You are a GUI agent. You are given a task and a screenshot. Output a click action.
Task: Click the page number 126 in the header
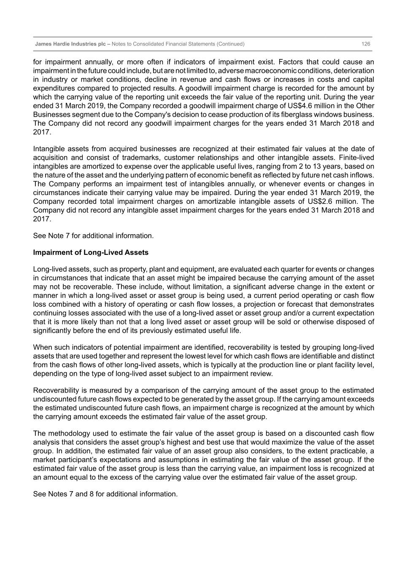click(x=366, y=44)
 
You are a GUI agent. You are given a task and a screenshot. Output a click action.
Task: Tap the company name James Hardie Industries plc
click(x=70, y=44)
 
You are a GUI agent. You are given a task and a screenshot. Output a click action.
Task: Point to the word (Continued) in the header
click(x=231, y=44)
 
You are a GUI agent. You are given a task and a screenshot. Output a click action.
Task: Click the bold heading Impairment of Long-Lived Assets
click(x=91, y=253)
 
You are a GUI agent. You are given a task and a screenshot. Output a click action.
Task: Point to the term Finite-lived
click(x=356, y=158)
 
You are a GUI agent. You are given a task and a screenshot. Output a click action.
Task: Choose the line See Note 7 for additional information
click(x=93, y=236)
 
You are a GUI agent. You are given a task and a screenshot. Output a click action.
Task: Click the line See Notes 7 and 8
click(x=105, y=494)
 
